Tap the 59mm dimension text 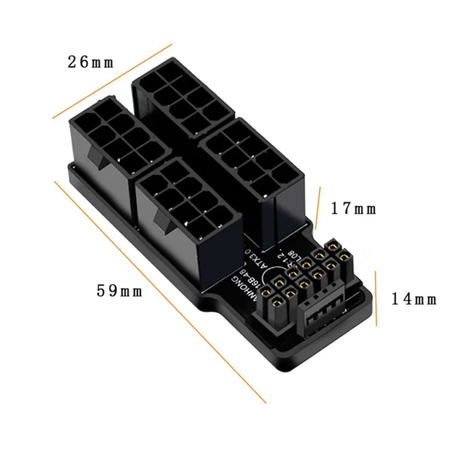click(120, 291)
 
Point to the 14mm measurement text click(414, 299)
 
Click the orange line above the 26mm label click(113, 80)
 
